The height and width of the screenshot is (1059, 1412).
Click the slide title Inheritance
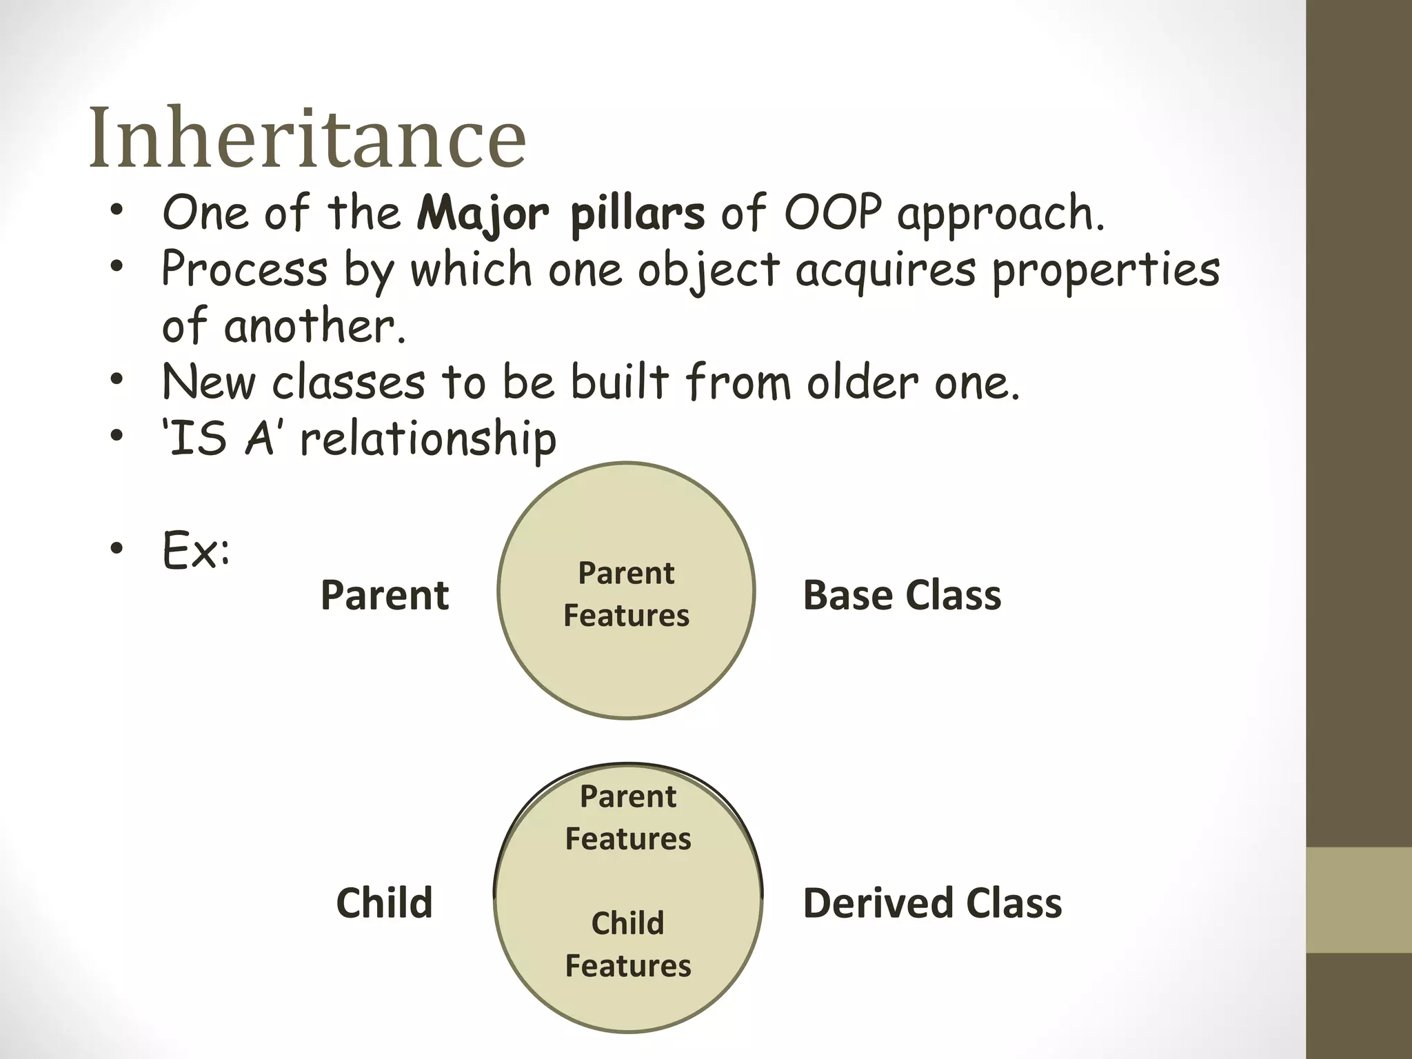307,138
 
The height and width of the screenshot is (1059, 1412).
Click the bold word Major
483,214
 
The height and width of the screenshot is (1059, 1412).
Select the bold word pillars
638,214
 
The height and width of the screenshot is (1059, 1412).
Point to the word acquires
886,270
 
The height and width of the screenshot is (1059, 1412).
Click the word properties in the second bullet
1105,270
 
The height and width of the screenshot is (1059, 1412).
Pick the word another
314,327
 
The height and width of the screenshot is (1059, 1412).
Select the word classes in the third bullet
348,383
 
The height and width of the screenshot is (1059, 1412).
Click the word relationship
428,440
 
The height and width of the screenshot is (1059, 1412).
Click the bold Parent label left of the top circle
385,595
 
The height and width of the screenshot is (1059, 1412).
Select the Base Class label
902,595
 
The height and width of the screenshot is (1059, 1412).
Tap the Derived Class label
932,903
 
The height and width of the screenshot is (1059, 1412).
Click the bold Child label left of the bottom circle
384,903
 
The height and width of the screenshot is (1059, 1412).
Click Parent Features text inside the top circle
626,594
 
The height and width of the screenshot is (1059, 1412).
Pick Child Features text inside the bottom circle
627,944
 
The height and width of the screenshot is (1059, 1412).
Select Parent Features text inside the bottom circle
627,818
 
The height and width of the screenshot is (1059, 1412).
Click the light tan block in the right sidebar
1359,900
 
